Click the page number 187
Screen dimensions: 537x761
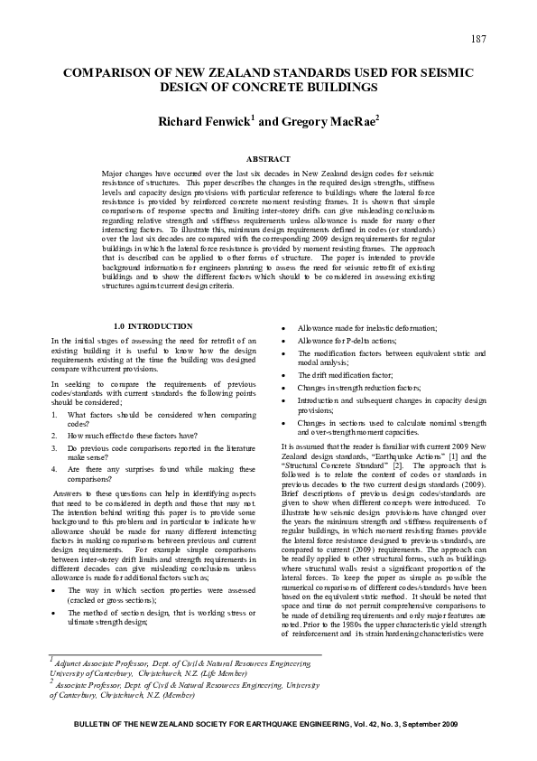tap(479, 37)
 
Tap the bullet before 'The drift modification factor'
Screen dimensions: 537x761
tap(285, 374)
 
